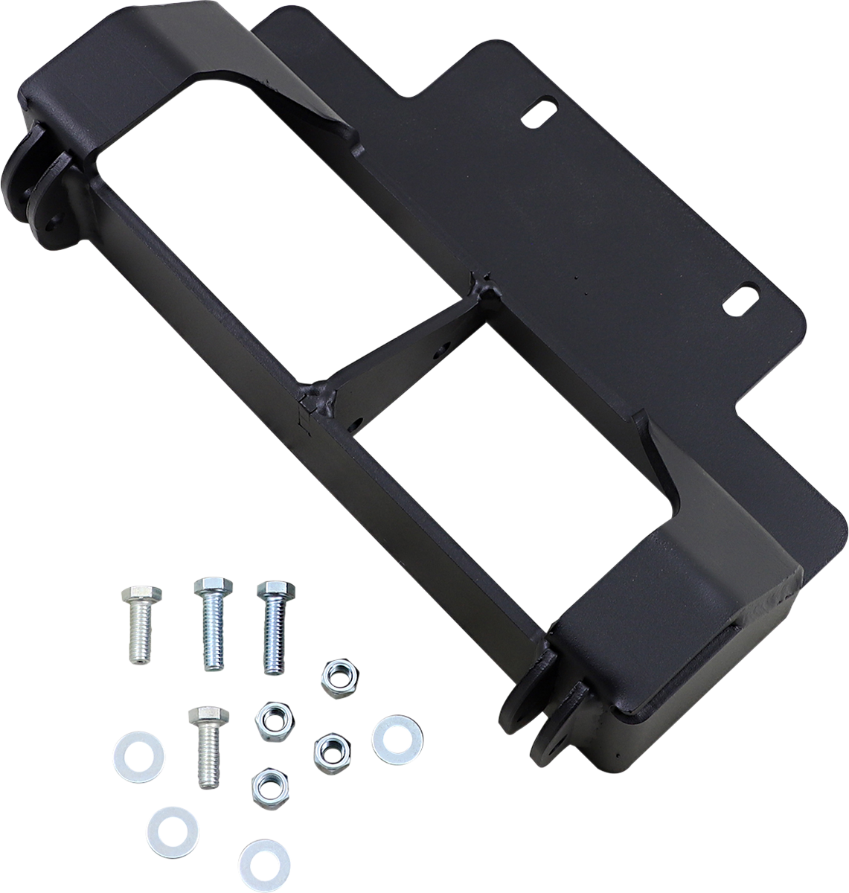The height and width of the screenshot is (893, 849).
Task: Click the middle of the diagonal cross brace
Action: click(394, 342)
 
